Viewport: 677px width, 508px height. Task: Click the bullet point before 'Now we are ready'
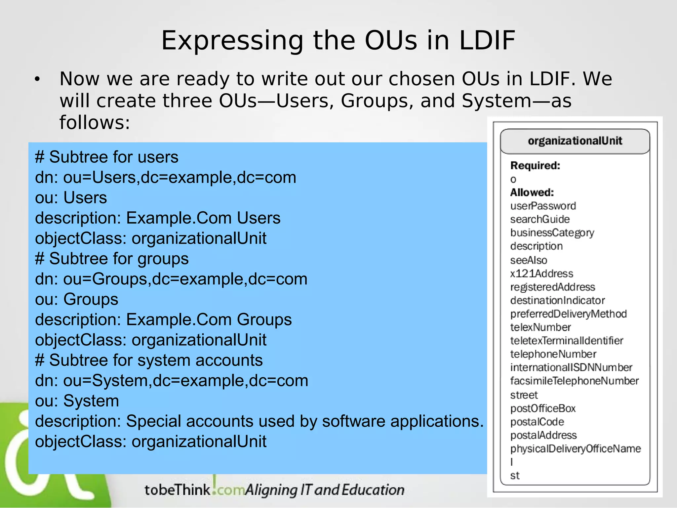(37, 79)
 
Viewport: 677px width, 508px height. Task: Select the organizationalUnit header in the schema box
(575, 141)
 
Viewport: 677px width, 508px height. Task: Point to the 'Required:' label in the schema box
(535, 165)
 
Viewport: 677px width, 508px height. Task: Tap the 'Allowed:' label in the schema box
(532, 192)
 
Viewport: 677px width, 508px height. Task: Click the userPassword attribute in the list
(543, 206)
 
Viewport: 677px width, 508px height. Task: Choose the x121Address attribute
(541, 274)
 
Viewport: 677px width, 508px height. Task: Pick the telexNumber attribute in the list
(540, 327)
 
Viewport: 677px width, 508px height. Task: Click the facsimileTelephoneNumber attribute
(574, 381)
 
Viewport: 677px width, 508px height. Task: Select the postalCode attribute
(537, 422)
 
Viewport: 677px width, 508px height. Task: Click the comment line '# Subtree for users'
(106, 157)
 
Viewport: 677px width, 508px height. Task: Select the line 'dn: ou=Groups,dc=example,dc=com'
(171, 279)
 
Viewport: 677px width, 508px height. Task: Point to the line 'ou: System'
(77, 401)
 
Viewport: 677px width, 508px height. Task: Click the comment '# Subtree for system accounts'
(149, 360)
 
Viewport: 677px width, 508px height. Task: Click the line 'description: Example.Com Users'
(158, 218)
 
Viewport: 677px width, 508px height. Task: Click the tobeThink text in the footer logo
(177, 490)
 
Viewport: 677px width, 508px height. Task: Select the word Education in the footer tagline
(373, 490)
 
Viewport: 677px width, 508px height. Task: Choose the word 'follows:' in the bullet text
(95, 122)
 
